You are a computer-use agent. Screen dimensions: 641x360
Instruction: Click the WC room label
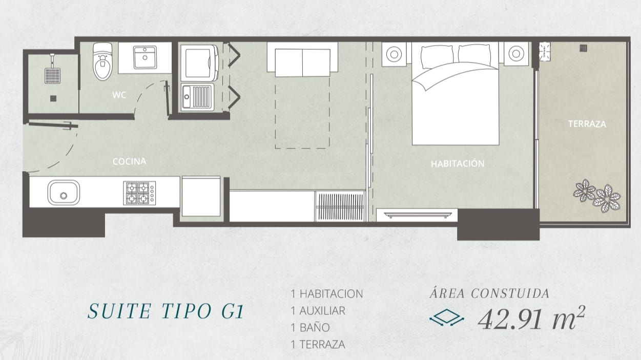point(119,95)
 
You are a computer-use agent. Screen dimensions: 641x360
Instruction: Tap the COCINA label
point(129,161)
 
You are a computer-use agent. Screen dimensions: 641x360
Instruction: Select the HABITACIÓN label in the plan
point(458,164)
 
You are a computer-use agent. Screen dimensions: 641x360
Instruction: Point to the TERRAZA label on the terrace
point(587,124)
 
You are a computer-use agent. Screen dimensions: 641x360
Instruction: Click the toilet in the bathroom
point(102,61)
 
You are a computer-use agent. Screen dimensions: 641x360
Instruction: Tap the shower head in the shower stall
point(53,75)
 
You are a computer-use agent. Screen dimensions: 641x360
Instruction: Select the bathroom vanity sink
point(145,57)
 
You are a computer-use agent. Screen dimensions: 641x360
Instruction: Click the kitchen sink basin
point(64,193)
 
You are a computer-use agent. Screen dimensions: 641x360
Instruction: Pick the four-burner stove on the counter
point(139,193)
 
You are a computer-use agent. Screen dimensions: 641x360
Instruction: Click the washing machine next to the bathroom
point(199,62)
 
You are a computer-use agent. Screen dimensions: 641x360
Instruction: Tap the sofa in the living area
point(302,59)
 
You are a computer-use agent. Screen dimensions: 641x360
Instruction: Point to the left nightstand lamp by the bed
point(394,54)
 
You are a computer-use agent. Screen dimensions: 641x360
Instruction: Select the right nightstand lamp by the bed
point(516,54)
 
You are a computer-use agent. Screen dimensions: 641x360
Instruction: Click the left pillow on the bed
point(437,56)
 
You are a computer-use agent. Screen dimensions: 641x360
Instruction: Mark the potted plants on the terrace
point(596,196)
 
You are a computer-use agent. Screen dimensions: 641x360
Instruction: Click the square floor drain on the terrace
point(584,48)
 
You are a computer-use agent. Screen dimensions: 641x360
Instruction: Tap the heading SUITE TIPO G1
point(166,311)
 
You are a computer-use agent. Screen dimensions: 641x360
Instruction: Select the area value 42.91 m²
point(532,318)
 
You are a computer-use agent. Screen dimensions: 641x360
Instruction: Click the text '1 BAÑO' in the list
point(310,328)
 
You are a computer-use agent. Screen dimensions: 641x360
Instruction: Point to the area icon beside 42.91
point(447,317)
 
